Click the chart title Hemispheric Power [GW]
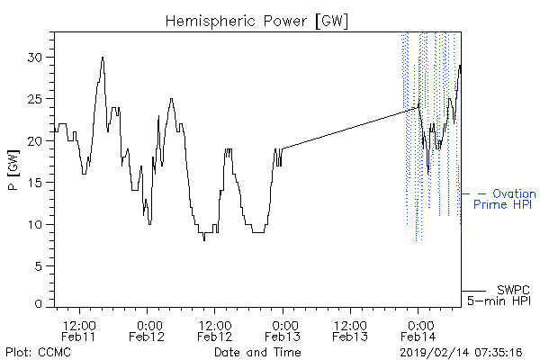pyautogui.click(x=256, y=22)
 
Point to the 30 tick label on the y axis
pyautogui.click(x=36, y=58)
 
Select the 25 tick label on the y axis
pyautogui.click(x=36, y=99)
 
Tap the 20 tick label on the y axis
pyautogui.click(x=36, y=141)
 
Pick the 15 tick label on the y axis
pyautogui.click(x=36, y=183)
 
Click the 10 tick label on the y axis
pyautogui.click(x=36, y=225)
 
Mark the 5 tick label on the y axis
pyautogui.click(x=40, y=266)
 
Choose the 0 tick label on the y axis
pyautogui.click(x=39, y=304)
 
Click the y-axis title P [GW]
pyautogui.click(x=13, y=170)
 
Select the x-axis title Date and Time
pyautogui.click(x=257, y=352)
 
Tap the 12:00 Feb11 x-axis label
pyautogui.click(x=78, y=331)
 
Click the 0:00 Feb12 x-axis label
pyautogui.click(x=147, y=331)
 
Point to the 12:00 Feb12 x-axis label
pyautogui.click(x=214, y=331)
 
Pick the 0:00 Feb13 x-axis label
pyautogui.click(x=283, y=331)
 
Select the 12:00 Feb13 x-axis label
pyautogui.click(x=350, y=331)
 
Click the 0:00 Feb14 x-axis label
pyautogui.click(x=418, y=331)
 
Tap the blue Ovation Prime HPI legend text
pyautogui.click(x=504, y=199)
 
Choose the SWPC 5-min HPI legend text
pyautogui.click(x=499, y=295)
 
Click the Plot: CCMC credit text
pyautogui.click(x=38, y=352)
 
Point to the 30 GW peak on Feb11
pyautogui.click(x=103, y=58)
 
